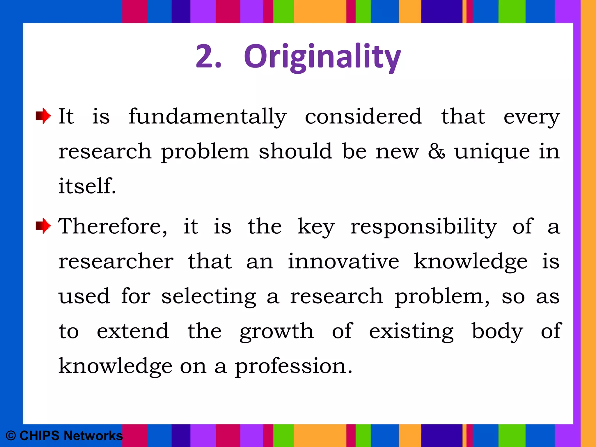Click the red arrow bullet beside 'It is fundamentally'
point(43,116)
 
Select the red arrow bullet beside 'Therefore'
point(43,226)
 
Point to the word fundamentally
point(207,117)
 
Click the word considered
point(363,116)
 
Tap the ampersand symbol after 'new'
point(436,151)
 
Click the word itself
point(87,186)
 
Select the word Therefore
point(113,226)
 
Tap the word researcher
point(116,261)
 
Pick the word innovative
point(343,261)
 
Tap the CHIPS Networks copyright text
point(64,436)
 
